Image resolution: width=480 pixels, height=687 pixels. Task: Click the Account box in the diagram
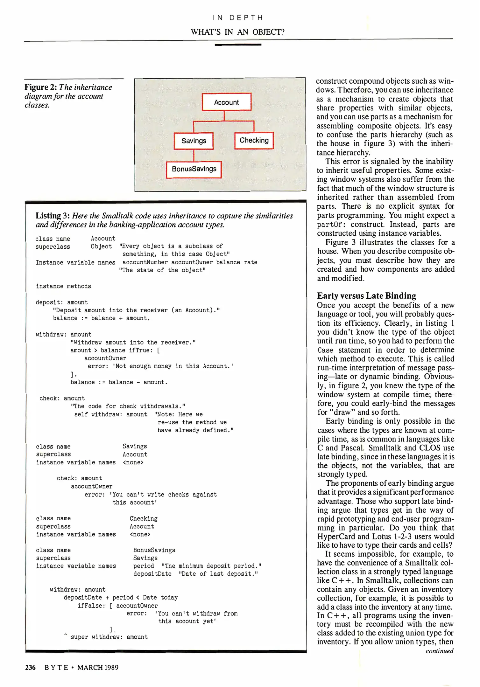[226, 102]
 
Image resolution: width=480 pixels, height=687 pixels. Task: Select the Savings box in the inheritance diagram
[194, 141]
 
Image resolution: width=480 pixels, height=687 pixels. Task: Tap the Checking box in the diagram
[254, 140]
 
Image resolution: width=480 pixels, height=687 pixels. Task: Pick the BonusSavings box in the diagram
[194, 169]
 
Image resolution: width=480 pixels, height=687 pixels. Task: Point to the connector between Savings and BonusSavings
[194, 155]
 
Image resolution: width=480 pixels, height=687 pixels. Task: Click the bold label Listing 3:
[53, 216]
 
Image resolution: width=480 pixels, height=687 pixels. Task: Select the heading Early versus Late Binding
[366, 295]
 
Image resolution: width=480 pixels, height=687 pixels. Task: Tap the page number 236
[30, 667]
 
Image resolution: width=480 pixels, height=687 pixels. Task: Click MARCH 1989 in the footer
[97, 667]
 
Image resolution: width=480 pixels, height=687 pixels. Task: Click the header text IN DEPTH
[238, 18]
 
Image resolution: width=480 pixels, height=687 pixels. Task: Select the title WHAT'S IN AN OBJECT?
[237, 32]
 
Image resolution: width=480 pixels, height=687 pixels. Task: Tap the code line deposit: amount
[61, 302]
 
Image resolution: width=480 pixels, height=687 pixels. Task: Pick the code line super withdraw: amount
[109, 637]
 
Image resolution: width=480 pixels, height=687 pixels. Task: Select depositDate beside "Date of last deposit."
[152, 574]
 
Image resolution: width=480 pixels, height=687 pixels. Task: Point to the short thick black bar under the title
[238, 45]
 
